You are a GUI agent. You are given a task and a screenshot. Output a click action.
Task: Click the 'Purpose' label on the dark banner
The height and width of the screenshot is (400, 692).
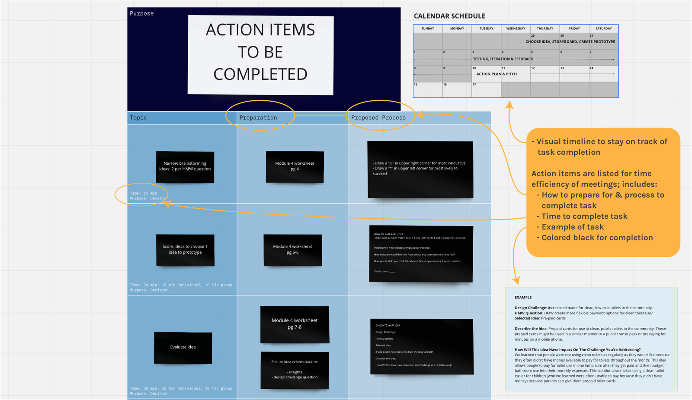coord(142,13)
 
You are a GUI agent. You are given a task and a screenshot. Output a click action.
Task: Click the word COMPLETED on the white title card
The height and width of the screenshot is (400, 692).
coord(260,74)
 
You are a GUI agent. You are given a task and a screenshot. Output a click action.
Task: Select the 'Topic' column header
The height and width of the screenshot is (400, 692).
coord(138,118)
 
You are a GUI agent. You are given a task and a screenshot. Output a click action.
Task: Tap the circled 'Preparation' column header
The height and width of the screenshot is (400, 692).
coord(258,118)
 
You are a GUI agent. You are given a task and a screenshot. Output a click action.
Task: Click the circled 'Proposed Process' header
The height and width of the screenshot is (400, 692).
coord(378,118)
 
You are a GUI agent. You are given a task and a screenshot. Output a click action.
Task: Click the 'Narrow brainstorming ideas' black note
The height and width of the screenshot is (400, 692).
coord(185,167)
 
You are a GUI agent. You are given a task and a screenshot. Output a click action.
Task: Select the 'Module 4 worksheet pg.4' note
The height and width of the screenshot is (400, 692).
coord(295,166)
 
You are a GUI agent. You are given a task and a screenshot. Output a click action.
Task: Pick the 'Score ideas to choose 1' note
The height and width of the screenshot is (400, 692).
coord(185,250)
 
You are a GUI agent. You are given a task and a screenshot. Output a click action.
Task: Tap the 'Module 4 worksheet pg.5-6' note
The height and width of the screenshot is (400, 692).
coord(293,250)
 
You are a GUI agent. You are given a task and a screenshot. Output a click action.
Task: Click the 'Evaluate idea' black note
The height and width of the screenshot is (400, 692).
coord(183,348)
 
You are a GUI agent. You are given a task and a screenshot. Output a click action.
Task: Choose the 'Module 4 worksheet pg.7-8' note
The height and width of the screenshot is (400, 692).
coord(295,324)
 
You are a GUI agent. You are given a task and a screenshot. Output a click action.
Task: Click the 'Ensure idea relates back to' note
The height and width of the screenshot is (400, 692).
coord(295,370)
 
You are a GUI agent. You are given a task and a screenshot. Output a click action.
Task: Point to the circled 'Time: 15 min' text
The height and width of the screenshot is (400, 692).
coord(144,193)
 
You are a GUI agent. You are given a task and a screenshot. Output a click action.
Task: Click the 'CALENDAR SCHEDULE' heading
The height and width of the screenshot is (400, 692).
coord(449,16)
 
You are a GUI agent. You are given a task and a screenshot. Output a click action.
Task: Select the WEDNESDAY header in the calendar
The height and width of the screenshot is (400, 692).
coord(516,29)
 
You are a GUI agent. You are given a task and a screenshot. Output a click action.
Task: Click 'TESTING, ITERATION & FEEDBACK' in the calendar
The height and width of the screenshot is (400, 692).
coord(503,59)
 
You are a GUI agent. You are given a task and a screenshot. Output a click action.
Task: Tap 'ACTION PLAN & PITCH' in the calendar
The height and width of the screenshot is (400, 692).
coord(497,74)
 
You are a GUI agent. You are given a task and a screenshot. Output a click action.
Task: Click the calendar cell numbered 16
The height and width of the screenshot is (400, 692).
coord(457,90)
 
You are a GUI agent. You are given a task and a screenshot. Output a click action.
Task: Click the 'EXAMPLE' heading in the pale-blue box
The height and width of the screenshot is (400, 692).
coord(523,298)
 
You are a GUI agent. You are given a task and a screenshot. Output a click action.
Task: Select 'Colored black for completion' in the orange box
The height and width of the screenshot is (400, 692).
coord(597,238)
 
